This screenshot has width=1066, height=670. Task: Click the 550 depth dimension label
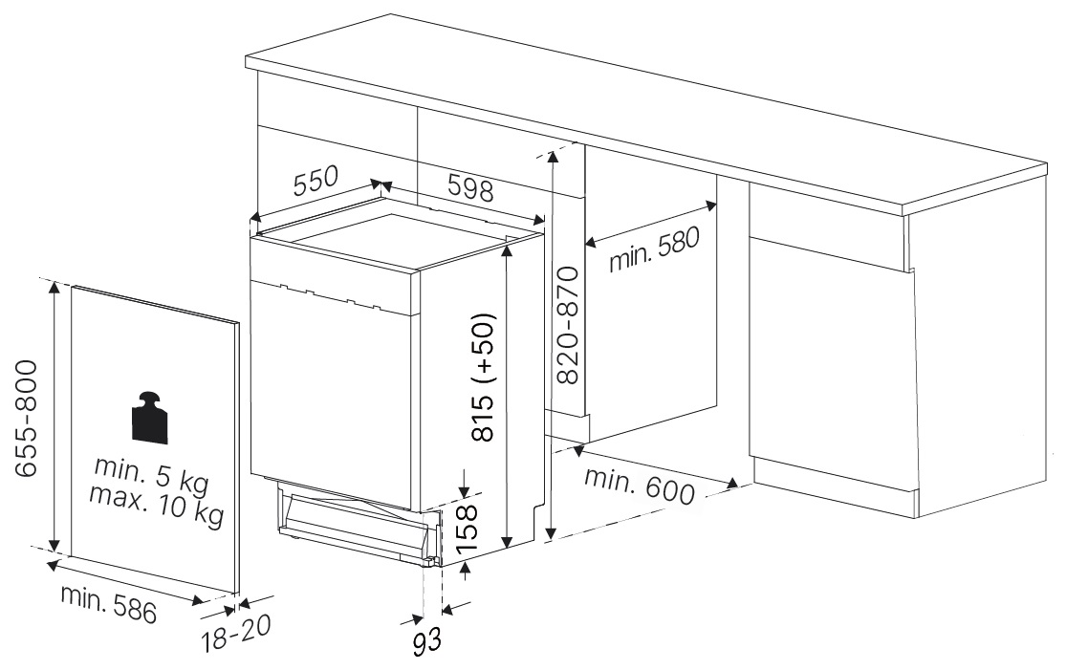315,180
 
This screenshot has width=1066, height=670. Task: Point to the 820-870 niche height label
567,326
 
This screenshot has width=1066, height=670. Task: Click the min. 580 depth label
653,249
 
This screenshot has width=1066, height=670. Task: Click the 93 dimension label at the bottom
427,641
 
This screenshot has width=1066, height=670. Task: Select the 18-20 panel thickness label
236,633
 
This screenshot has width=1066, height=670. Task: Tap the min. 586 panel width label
108,603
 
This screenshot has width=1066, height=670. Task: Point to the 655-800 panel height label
26,419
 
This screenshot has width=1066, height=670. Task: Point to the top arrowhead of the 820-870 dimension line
554,159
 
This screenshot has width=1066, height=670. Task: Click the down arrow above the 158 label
465,483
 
